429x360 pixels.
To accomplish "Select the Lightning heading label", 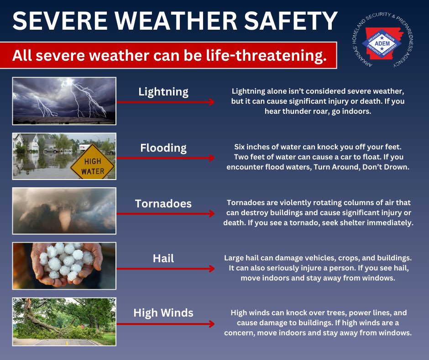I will (163, 91).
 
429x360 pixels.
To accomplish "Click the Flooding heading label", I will (163, 148).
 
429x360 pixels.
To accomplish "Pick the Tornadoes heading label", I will (163, 203).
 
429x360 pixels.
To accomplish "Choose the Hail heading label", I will (163, 259).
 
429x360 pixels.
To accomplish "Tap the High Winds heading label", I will (163, 313).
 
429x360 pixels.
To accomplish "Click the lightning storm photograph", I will (64, 101).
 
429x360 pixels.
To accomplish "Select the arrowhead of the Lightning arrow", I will (212, 102).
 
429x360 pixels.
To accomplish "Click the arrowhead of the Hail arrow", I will (212, 269).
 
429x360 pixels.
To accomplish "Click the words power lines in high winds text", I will (370, 313).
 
